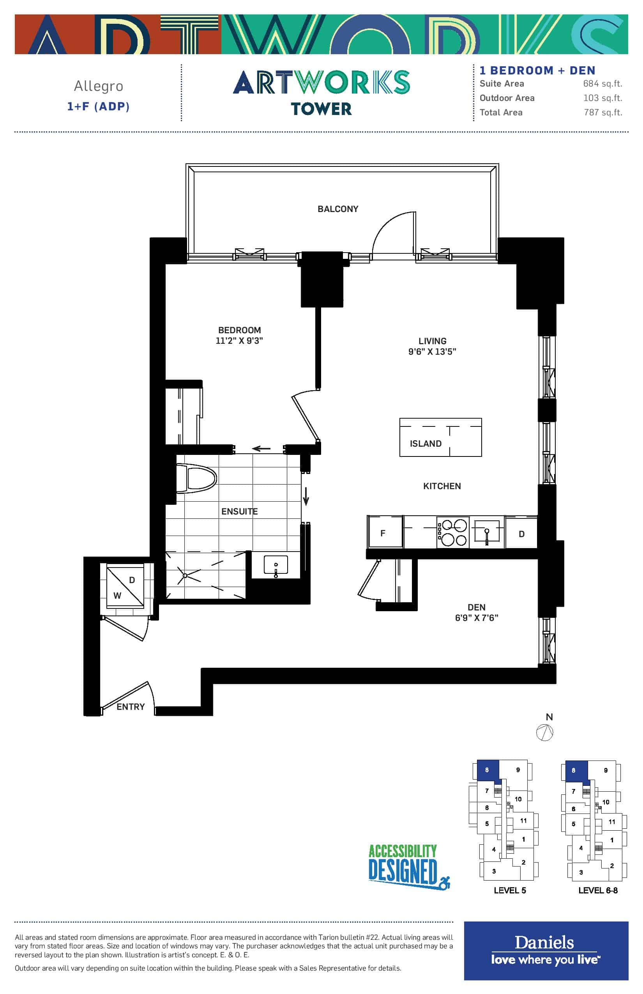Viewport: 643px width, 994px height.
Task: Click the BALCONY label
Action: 338,209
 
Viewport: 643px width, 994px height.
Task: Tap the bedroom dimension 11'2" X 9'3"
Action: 239,341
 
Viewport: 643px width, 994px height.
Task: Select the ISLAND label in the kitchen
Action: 426,444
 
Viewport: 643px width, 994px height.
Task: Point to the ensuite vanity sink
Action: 276,566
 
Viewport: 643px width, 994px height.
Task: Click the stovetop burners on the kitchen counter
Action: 452,532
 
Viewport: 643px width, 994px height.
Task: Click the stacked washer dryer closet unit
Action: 125,585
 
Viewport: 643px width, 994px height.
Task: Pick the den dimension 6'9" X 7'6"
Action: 476,618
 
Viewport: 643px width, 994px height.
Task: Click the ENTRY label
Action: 131,707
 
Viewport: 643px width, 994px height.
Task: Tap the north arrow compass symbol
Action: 545,732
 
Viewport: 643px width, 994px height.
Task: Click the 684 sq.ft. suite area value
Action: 602,83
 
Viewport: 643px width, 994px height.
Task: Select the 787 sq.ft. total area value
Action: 603,112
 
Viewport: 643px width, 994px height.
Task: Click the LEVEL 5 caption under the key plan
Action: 510,890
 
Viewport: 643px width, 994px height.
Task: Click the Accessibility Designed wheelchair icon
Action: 444,883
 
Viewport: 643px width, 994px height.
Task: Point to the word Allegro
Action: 99,86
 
